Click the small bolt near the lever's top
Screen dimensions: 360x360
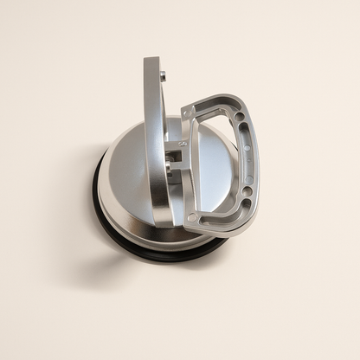click(162, 76)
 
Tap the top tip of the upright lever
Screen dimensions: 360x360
click(152, 61)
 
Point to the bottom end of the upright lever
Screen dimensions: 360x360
click(163, 220)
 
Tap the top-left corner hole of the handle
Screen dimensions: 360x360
click(189, 112)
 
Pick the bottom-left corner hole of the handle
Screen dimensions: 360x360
click(192, 217)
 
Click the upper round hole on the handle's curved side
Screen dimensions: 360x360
click(239, 116)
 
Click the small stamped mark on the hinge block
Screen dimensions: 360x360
click(183, 143)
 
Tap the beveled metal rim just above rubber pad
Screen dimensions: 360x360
click(130, 221)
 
